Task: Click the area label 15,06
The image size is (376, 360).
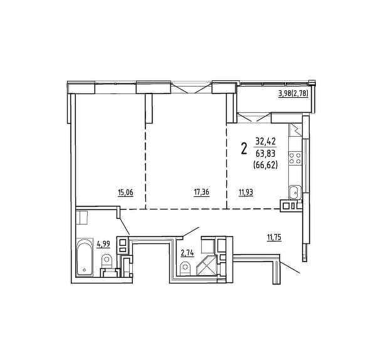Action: (x=125, y=193)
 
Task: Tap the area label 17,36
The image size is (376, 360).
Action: (x=201, y=193)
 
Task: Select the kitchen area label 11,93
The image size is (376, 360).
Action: (x=246, y=193)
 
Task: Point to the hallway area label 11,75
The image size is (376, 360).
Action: (x=274, y=237)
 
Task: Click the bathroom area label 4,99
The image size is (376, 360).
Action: (x=103, y=244)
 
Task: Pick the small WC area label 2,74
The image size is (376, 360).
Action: (x=187, y=253)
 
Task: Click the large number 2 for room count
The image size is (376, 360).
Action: (x=244, y=149)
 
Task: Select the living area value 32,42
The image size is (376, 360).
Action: (x=266, y=140)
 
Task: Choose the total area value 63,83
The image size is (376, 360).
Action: (x=266, y=153)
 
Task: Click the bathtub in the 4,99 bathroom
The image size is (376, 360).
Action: (x=85, y=257)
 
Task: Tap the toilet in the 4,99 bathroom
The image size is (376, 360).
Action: (x=107, y=261)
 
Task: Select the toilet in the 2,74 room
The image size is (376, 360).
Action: (x=185, y=268)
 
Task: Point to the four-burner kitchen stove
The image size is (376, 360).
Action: (x=295, y=158)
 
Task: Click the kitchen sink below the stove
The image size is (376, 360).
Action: (x=295, y=193)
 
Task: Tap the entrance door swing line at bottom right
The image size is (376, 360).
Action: (x=290, y=268)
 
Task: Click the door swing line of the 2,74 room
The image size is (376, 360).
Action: (x=191, y=231)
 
